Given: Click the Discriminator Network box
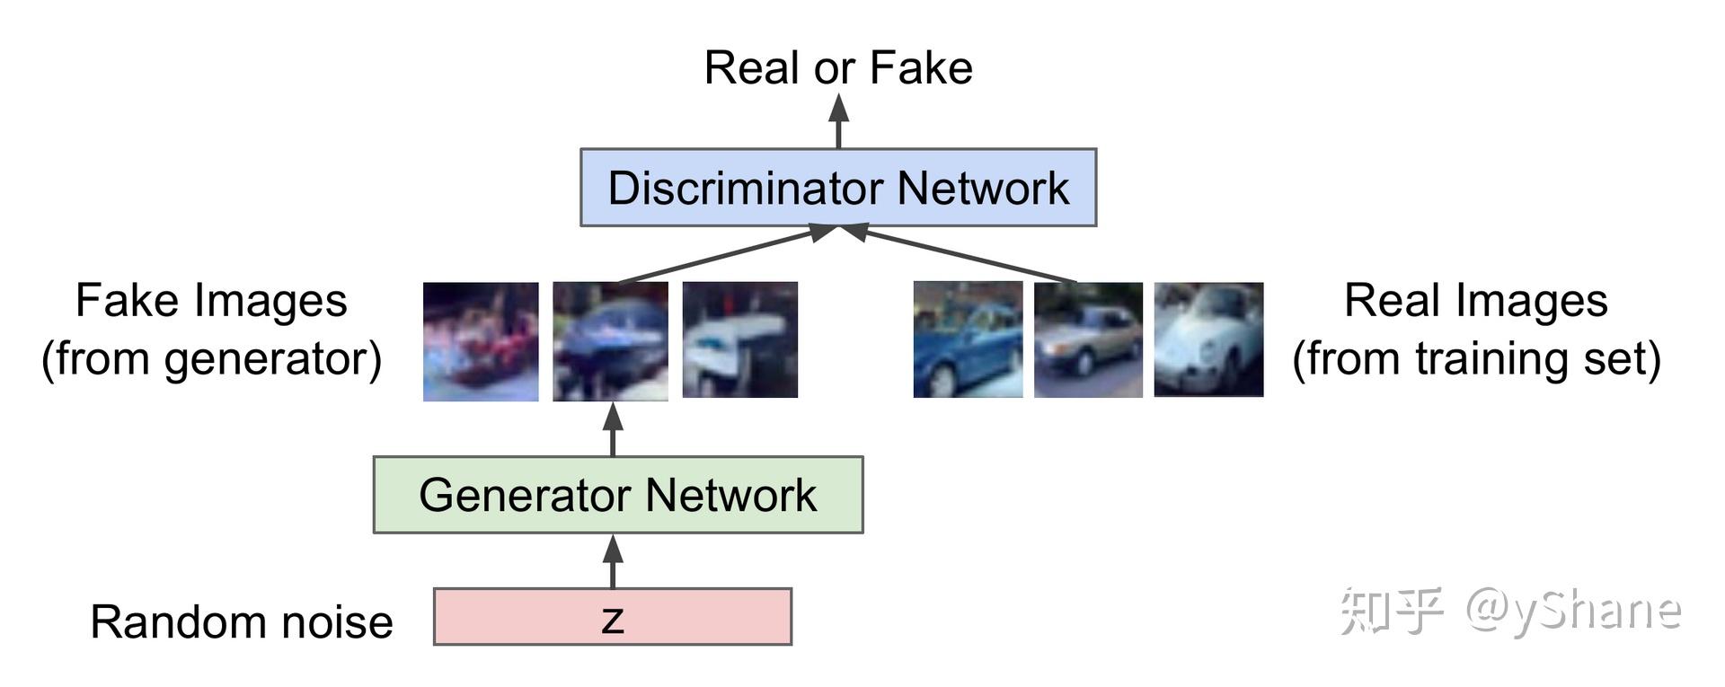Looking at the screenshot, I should coord(838,188).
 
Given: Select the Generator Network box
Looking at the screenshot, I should coord(618,495).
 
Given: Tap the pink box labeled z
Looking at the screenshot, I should coord(613,617).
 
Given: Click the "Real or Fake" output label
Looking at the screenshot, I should coord(838,67).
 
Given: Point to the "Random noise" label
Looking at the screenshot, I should coord(242,621).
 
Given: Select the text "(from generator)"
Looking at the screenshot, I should coord(212,358).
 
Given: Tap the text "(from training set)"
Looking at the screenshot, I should coord(1476,358).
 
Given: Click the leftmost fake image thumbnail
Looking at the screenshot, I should coord(481,341).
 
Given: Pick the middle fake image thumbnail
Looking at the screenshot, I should coord(610,341).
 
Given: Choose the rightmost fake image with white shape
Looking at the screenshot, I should coord(739,339).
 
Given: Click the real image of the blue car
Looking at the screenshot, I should coord(968,339).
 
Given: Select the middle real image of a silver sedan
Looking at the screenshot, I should coord(1088,339).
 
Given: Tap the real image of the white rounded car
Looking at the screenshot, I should coord(1208,339).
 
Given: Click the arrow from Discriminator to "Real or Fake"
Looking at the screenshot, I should coord(838,121).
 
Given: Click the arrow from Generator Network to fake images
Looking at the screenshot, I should coord(613,429).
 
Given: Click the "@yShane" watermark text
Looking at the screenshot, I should coord(1572,612).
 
